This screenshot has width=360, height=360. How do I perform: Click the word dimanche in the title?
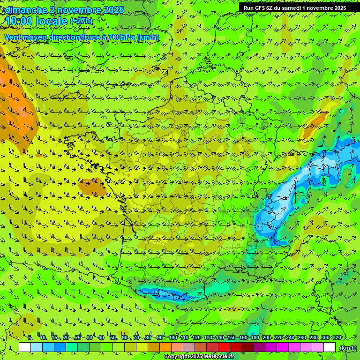[24, 10]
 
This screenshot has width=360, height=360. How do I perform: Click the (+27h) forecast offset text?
[81, 21]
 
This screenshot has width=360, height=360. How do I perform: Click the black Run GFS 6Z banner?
[295, 8]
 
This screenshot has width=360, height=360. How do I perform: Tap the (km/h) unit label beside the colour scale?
[348, 348]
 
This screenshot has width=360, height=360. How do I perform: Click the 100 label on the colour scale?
[173, 338]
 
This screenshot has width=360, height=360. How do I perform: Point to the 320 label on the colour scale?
[336, 338]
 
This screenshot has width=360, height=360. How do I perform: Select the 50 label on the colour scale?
[113, 338]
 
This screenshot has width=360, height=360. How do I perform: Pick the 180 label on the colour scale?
[255, 338]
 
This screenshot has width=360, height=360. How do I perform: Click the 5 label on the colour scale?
[30, 338]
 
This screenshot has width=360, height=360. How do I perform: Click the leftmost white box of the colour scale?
[25, 347]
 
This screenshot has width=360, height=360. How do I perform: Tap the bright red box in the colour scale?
[224, 347]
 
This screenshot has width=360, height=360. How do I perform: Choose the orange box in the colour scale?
[165, 347]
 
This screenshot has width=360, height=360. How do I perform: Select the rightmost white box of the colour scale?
[330, 347]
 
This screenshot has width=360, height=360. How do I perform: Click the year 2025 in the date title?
[113, 10]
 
